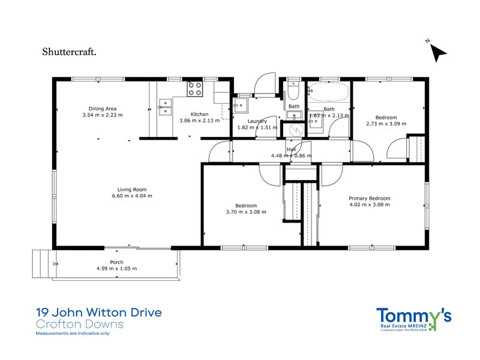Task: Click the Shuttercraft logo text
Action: (x=70, y=51)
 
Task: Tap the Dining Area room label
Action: (x=102, y=108)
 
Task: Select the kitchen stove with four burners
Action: (x=195, y=89)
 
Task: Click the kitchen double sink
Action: (x=163, y=106)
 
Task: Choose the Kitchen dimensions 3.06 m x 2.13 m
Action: (x=200, y=121)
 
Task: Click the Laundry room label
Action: (x=257, y=121)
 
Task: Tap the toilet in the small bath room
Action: (x=293, y=92)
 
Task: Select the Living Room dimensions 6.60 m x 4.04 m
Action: (x=132, y=196)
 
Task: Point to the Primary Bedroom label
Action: (x=370, y=199)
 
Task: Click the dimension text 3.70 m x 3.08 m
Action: (x=246, y=212)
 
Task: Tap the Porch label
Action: (x=116, y=262)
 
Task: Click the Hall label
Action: (x=291, y=149)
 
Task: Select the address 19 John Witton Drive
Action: (x=98, y=313)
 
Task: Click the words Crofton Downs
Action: (x=79, y=325)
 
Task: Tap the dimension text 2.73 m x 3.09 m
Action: (x=386, y=124)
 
